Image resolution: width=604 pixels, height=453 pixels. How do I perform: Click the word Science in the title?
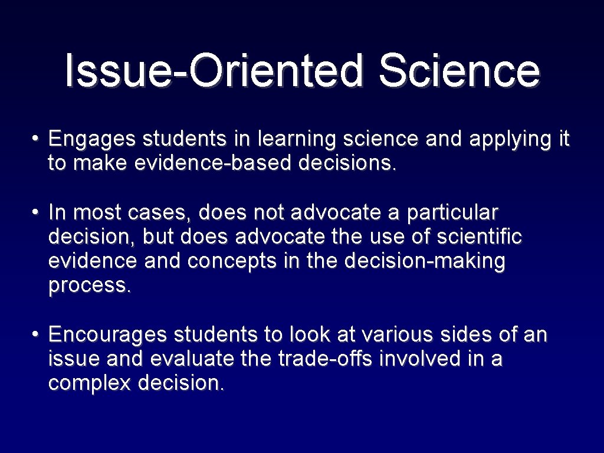coord(459,70)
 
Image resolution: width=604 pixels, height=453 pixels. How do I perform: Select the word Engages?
coord(92,140)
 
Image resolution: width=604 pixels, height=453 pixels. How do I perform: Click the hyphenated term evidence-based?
coord(214,163)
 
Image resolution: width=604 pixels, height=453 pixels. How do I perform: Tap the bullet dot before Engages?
coord(36,140)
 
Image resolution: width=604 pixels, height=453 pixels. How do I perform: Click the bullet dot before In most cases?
coord(36,212)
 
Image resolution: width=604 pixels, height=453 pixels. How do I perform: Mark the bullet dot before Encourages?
coord(36,335)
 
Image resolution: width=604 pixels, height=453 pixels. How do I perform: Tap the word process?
coord(88,285)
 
